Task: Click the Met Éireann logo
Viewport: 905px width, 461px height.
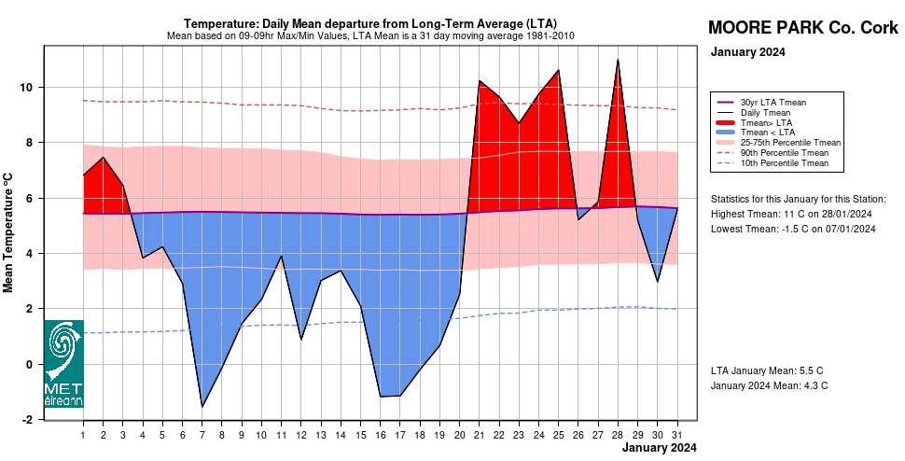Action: (63, 364)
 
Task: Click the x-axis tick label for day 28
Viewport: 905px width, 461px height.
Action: (618, 435)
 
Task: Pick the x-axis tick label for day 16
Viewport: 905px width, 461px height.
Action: (381, 435)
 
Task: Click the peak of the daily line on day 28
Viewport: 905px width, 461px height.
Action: (618, 60)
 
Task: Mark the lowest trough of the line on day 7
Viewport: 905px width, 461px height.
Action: (202, 406)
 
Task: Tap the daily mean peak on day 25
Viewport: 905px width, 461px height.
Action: (558, 70)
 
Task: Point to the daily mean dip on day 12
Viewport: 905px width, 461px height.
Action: (301, 339)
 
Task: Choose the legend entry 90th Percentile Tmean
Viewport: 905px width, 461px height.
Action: (784, 153)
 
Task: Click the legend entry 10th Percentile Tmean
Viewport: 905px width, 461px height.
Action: (784, 163)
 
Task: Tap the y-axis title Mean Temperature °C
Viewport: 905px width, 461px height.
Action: (9, 231)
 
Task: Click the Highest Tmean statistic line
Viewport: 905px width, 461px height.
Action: (792, 214)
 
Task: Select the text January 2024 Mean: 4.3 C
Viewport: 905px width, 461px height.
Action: (769, 385)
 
